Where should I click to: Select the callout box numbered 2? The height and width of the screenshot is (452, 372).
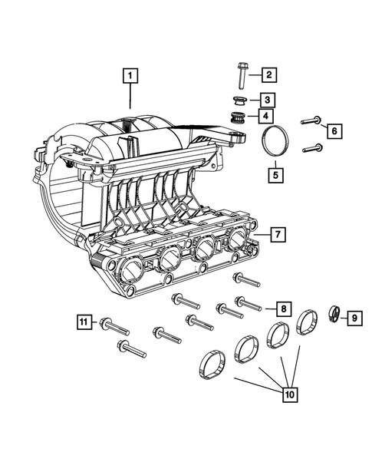(268, 75)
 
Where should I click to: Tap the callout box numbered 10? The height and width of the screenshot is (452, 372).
(290, 395)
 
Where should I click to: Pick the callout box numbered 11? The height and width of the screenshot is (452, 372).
(84, 322)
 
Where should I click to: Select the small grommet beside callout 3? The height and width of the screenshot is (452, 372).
(237, 100)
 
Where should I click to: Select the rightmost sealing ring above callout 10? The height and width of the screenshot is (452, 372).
(308, 320)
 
